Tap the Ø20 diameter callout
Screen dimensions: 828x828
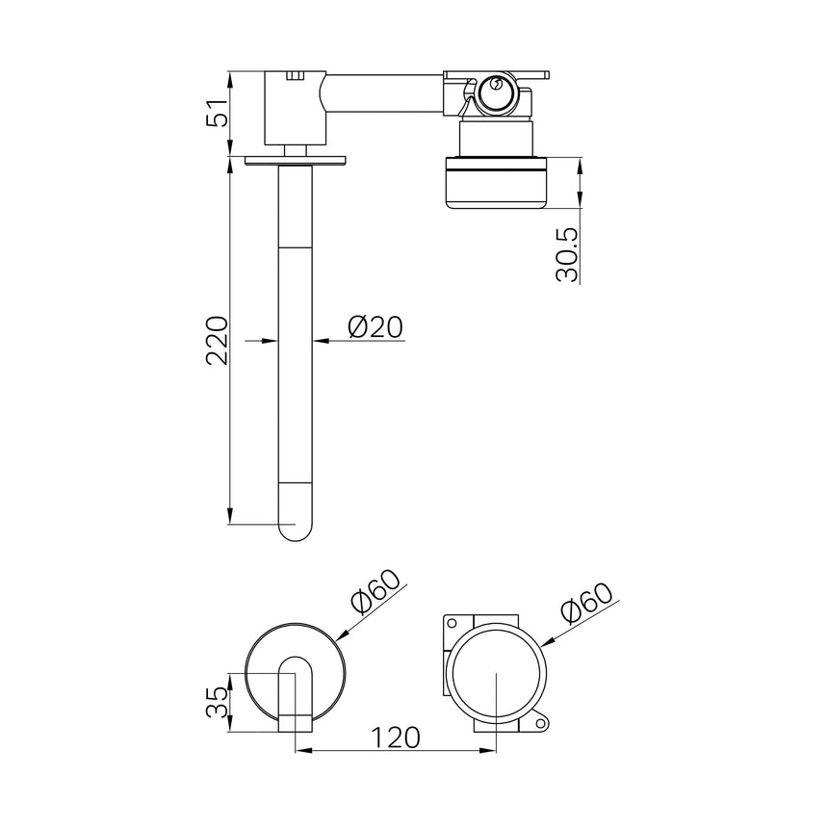(x=373, y=327)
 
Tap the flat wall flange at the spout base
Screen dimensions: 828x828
(x=296, y=160)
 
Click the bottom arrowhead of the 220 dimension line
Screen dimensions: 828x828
(x=231, y=518)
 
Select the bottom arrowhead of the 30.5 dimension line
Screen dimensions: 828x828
(x=580, y=201)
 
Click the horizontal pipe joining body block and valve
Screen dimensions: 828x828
(x=385, y=94)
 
